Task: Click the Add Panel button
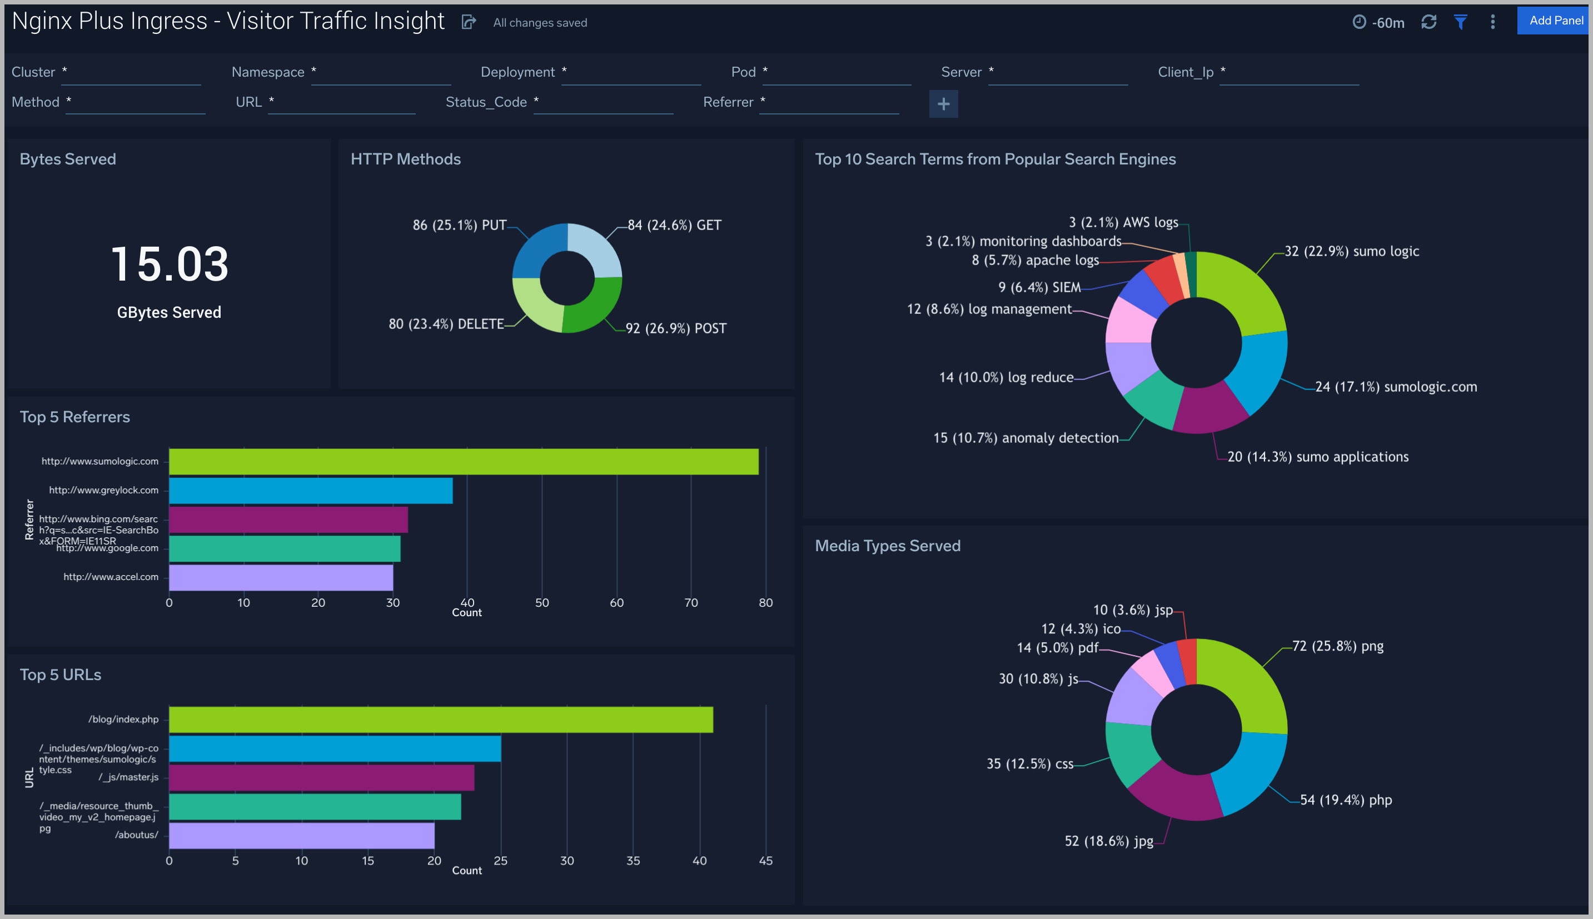pyautogui.click(x=1555, y=21)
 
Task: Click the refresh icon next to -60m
pyautogui.click(x=1428, y=22)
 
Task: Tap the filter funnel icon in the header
pyautogui.click(x=1460, y=22)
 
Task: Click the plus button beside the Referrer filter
pyautogui.click(x=943, y=104)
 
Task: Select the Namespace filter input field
pyautogui.click(x=381, y=74)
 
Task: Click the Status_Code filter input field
pyautogui.click(x=603, y=103)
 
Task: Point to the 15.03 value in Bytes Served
pyautogui.click(x=169, y=264)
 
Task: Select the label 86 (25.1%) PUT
pyautogui.click(x=459, y=226)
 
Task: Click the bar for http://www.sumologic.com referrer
pyautogui.click(x=463, y=461)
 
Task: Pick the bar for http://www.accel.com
pyautogui.click(x=280, y=577)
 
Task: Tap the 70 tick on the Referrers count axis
pyautogui.click(x=691, y=603)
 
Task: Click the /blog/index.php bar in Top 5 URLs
pyautogui.click(x=440, y=720)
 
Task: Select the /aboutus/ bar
pyautogui.click(x=301, y=835)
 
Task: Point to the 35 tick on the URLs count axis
pyautogui.click(x=633, y=860)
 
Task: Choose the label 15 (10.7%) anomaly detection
pyautogui.click(x=1026, y=438)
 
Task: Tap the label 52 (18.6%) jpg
pyautogui.click(x=1108, y=841)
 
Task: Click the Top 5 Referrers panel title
pyautogui.click(x=74, y=417)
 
